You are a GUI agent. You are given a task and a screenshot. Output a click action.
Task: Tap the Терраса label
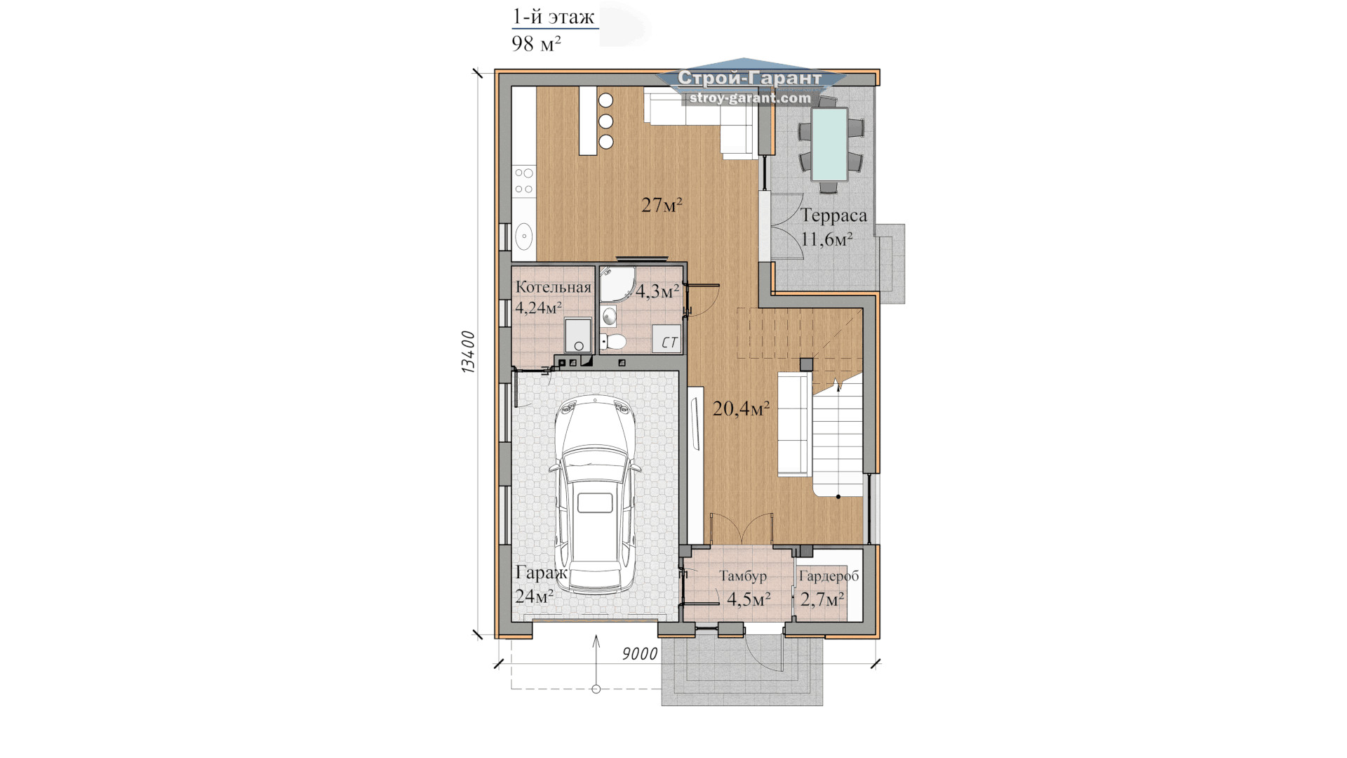[x=833, y=215]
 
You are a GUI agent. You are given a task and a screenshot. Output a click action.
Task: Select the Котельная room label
[x=554, y=287]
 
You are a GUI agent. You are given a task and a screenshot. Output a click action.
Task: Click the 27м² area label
[x=662, y=205]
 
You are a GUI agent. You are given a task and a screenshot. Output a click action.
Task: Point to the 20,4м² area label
[x=741, y=408]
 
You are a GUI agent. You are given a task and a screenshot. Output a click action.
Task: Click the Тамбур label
[x=743, y=576]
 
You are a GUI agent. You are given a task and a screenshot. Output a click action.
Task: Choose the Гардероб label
[x=829, y=576]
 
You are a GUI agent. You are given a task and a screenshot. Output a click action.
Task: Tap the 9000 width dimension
[x=640, y=654]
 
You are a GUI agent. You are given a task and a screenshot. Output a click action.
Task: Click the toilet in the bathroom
[x=614, y=342]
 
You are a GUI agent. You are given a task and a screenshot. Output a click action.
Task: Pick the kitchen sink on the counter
[x=524, y=237]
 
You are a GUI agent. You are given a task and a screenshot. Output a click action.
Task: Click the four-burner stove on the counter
[x=524, y=180]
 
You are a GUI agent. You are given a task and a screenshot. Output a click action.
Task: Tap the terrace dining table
[x=829, y=143]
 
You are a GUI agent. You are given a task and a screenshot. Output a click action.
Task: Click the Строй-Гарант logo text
[x=749, y=78]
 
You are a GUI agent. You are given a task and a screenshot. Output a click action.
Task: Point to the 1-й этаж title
[x=554, y=16]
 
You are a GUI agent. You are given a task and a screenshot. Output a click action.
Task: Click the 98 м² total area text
[x=537, y=44]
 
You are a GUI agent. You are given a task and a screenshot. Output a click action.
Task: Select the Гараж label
[x=540, y=573]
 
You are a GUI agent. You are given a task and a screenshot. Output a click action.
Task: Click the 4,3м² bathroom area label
[x=657, y=291]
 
